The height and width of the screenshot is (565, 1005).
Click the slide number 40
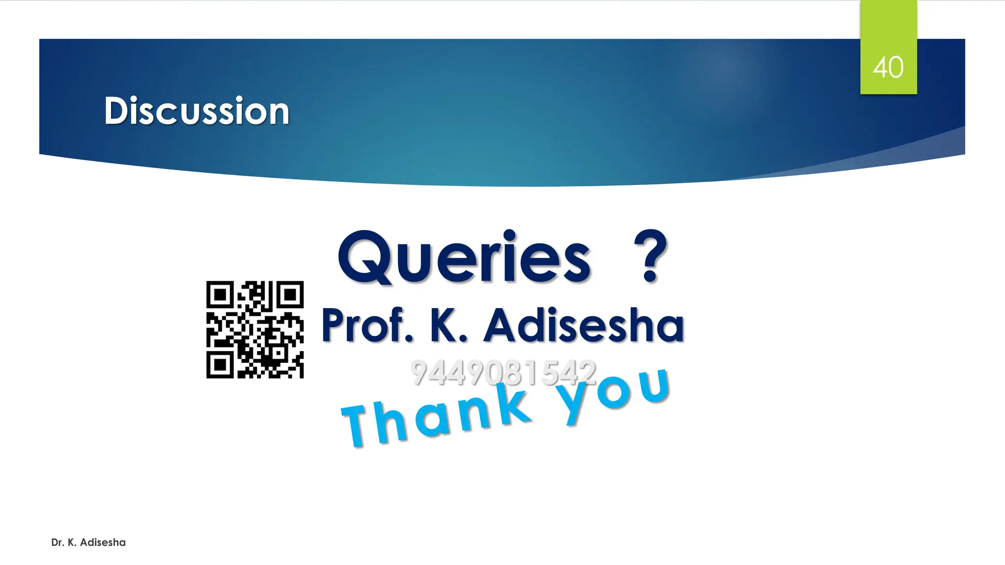point(888,67)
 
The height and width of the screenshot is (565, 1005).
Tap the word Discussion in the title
point(197,111)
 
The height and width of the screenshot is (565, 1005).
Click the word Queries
point(464,257)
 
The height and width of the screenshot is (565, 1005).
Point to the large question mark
point(650,256)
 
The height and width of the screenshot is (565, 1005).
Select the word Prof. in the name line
point(367,325)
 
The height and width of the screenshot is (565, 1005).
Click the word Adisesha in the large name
point(584,326)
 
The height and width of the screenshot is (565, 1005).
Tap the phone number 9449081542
point(503,372)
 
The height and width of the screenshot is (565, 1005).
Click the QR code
point(255,330)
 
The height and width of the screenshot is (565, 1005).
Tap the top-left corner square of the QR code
point(220,295)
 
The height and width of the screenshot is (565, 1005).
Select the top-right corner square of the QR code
point(291,295)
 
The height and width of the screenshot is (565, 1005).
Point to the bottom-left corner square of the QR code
point(220,365)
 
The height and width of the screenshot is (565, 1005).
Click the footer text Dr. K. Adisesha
point(88,542)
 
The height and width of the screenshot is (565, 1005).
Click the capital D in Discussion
point(116,111)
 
